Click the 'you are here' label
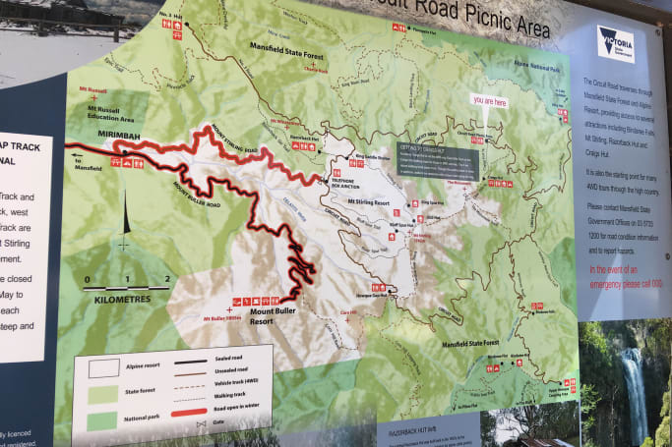point(489,100)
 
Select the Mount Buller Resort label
point(262,316)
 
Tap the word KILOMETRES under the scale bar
point(124,300)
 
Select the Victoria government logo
point(616,44)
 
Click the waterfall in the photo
point(633,393)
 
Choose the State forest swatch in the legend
point(102,394)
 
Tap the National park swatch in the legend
point(103,420)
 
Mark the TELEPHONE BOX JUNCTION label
point(346,185)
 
